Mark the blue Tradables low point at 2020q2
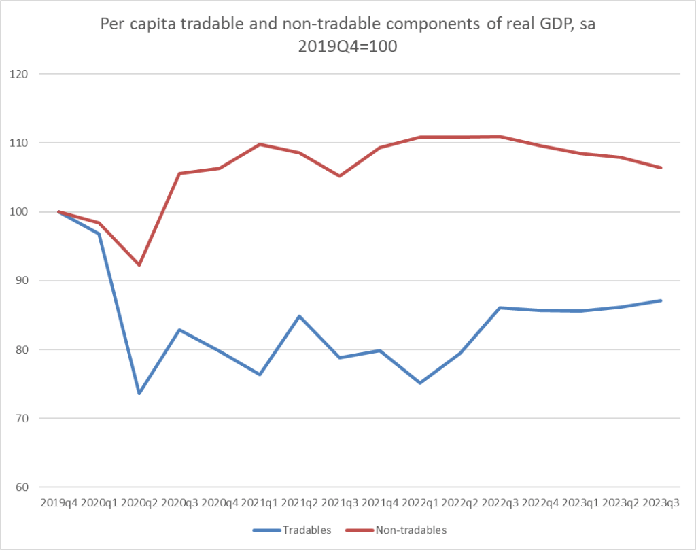[x=139, y=394]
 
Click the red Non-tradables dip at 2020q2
[x=139, y=264]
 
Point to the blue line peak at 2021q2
[x=300, y=316]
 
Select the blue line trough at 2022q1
[x=420, y=383]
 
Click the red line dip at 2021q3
[x=340, y=176]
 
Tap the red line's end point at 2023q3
[x=661, y=168]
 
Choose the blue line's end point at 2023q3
[x=661, y=300]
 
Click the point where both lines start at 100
[x=59, y=211]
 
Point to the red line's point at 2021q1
[x=260, y=144]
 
